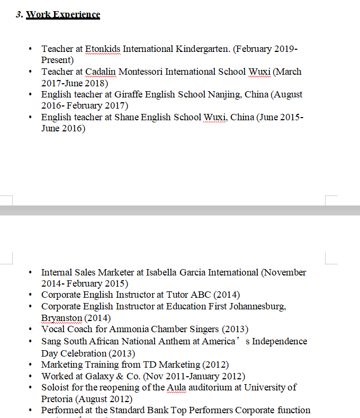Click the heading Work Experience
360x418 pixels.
(63, 14)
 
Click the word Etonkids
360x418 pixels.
(103, 49)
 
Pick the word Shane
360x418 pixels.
(126, 117)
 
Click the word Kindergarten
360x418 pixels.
(203, 49)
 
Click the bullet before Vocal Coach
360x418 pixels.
(31, 330)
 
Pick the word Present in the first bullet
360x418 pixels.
(57, 60)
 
